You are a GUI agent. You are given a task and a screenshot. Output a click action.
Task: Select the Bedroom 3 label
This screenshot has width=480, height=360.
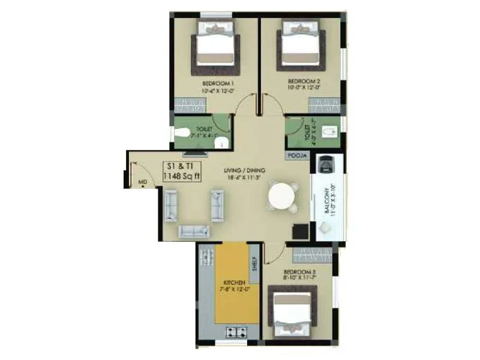click(x=299, y=272)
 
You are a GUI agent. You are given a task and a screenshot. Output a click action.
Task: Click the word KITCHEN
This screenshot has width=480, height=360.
click(x=234, y=282)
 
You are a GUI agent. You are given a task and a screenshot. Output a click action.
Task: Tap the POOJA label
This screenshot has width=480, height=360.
click(x=298, y=156)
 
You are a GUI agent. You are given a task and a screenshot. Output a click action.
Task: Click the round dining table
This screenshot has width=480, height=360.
click(x=282, y=196)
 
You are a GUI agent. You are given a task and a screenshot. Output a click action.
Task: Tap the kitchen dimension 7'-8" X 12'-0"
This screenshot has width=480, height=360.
click(x=236, y=289)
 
